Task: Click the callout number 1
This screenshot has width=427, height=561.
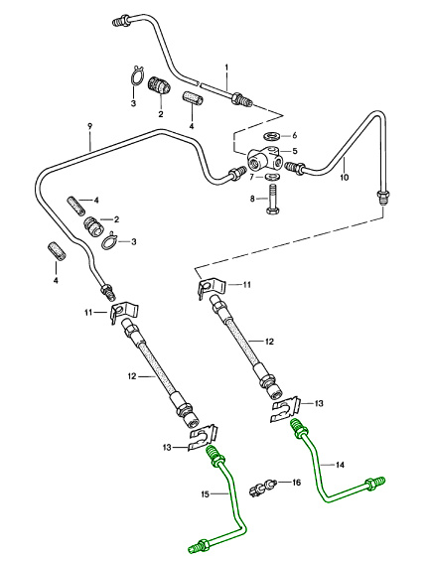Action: [x=226, y=68]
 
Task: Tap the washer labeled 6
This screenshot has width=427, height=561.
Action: [x=273, y=136]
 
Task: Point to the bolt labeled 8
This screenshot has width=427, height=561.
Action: [x=273, y=199]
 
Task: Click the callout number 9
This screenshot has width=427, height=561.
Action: [x=89, y=126]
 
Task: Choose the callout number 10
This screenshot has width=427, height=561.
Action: [x=344, y=177]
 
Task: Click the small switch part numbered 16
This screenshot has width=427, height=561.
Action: [x=261, y=488]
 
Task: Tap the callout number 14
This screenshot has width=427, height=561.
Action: [x=340, y=465]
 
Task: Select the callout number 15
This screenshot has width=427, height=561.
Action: [x=206, y=494]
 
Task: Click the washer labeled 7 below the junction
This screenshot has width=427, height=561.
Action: [x=273, y=177]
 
